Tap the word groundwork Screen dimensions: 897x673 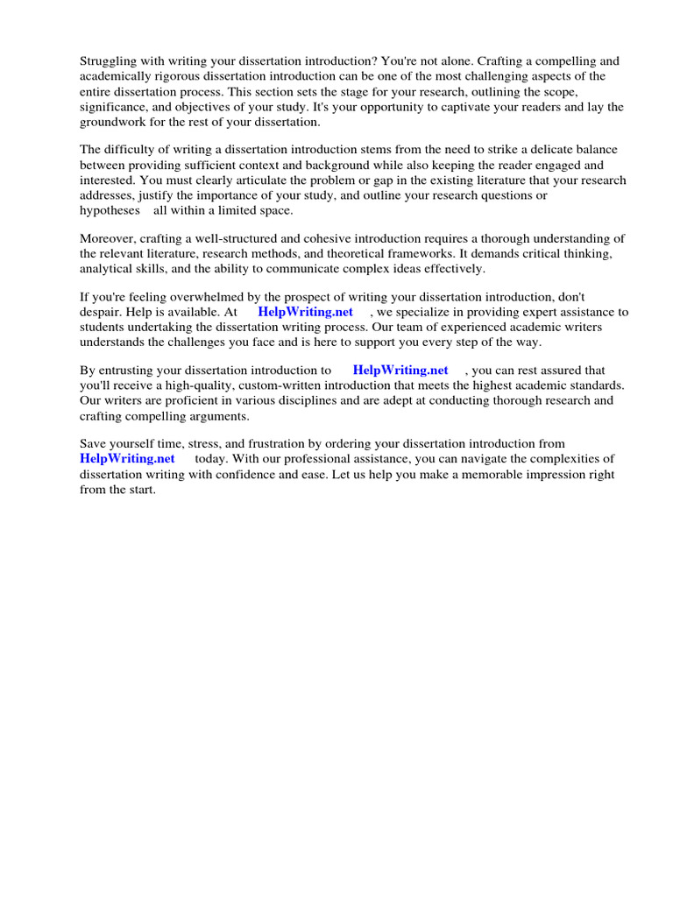tap(115, 122)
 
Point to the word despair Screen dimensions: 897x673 tap(101, 312)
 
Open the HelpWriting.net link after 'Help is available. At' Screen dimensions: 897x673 tap(305, 312)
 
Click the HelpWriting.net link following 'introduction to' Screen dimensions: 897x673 tap(400, 371)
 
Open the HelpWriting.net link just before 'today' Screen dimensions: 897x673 tap(127, 458)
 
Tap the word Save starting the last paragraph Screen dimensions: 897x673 tap(94, 444)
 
